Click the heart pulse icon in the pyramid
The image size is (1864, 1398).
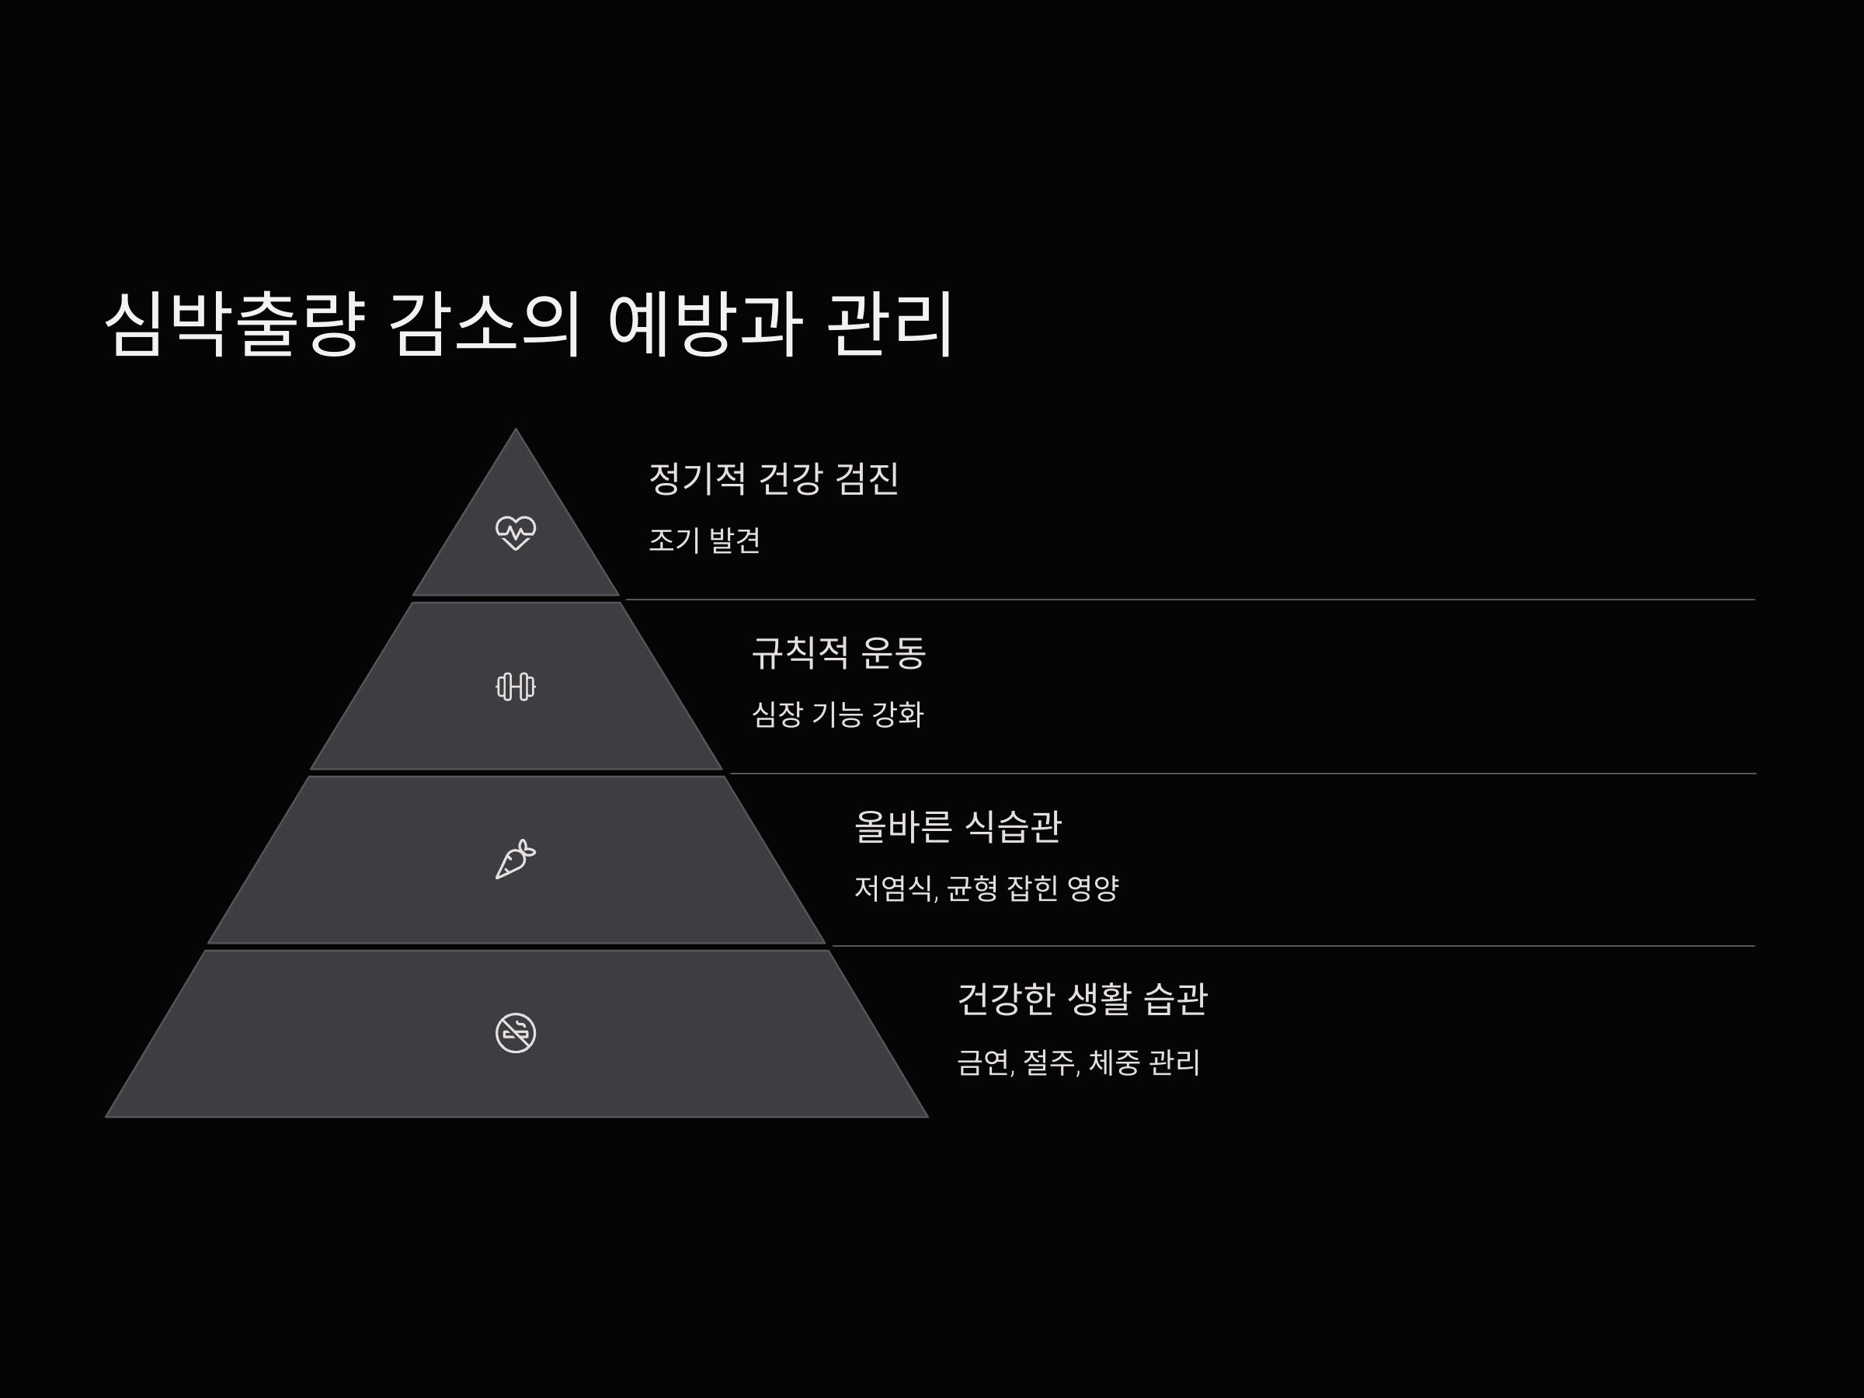[x=516, y=533]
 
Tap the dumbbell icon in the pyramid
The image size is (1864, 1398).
[x=516, y=687]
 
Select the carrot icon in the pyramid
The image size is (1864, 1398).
[x=516, y=860]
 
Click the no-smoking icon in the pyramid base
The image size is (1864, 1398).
[x=516, y=1032]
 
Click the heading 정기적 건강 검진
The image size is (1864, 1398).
[x=774, y=478]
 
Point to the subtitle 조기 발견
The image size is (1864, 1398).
[x=704, y=540]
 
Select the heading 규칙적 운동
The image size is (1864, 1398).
[x=839, y=652]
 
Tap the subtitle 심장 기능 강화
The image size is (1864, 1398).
[x=837, y=715]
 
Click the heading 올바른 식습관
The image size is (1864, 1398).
[x=958, y=826]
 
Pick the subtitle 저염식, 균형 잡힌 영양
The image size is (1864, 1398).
[x=986, y=889]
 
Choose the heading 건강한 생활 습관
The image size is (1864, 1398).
[x=1082, y=1000]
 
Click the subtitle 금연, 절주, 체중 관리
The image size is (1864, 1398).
[x=1078, y=1062]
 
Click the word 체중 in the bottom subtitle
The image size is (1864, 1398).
[x=1115, y=1062]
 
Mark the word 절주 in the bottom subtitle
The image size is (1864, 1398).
[x=1049, y=1062]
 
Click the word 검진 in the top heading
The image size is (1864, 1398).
[x=867, y=478]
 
